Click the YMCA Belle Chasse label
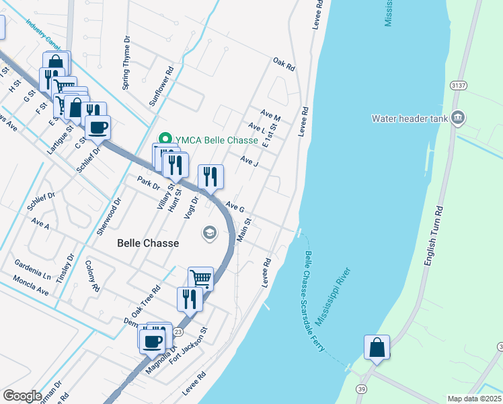click(x=216, y=140)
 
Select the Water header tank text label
click(x=410, y=119)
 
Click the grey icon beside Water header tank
click(x=458, y=118)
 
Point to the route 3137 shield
click(x=459, y=86)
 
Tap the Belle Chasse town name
click(x=148, y=243)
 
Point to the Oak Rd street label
click(x=284, y=65)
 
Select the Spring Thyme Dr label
click(x=126, y=68)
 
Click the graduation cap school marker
click(x=210, y=233)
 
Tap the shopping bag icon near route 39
click(x=377, y=347)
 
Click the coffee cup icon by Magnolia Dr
click(x=153, y=340)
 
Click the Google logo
click(x=22, y=396)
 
